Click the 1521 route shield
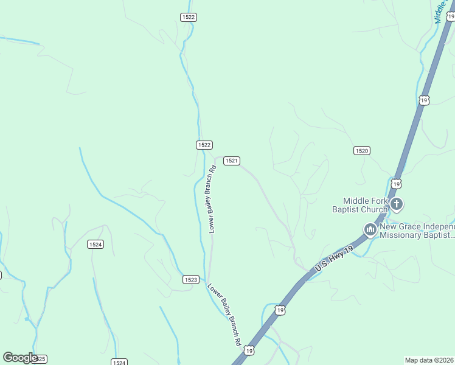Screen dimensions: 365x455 point(231,161)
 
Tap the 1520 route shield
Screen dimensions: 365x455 point(362,150)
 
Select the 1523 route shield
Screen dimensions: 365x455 point(190,279)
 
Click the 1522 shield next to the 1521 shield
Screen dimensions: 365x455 point(204,145)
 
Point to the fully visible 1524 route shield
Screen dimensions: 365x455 point(95,245)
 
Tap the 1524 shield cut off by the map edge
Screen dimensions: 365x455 point(119,362)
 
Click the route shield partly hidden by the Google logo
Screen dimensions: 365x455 point(40,360)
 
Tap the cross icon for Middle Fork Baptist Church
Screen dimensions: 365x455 point(397,204)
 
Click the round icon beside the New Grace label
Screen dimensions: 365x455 point(370,229)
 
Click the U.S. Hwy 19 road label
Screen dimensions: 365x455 point(334,258)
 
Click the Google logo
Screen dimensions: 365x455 point(20,358)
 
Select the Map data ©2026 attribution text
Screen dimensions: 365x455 point(429,360)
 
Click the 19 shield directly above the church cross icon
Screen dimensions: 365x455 point(397,183)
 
